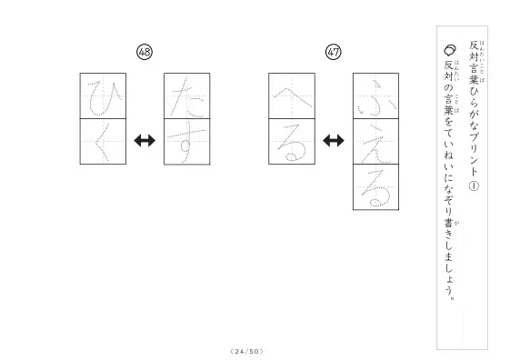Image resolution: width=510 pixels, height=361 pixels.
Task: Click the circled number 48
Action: coord(145,52)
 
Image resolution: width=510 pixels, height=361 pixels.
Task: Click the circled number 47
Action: coord(334,52)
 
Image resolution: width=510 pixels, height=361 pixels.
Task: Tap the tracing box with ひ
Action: coord(103,96)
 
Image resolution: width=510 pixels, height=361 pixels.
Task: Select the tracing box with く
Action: coord(103,142)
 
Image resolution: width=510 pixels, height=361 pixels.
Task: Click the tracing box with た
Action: coord(187,96)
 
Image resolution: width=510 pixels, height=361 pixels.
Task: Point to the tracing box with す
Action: coord(187,142)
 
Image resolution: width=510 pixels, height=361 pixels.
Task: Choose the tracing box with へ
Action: coord(292,96)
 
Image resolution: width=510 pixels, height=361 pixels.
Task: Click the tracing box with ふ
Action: coord(376,96)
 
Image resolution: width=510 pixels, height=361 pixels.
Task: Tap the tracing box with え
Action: coord(376,142)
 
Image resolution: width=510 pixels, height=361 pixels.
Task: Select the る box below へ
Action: coord(292,142)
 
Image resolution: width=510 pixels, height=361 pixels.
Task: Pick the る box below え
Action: coord(376,187)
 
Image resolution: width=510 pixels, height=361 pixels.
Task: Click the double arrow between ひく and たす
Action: coord(145,141)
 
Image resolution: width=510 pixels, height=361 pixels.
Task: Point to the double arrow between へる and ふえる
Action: coord(334,141)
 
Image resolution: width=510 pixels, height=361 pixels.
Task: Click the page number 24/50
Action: coord(247,351)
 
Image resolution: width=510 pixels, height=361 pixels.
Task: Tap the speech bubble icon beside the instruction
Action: coord(450,50)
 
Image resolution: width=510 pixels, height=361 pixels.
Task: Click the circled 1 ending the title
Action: coord(474,186)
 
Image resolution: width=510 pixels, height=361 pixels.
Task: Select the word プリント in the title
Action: coord(474,152)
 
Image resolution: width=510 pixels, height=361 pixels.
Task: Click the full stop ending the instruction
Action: coord(451,297)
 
